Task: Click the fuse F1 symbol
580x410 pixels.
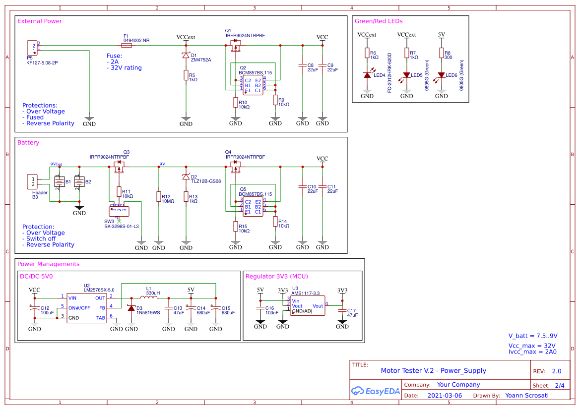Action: [x=127, y=45]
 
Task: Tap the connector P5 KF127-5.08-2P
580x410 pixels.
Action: [x=32, y=48]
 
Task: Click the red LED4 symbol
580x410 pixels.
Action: [x=367, y=75]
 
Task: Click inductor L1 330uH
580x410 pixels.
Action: [x=149, y=297]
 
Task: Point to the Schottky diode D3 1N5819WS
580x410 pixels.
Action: [x=131, y=308]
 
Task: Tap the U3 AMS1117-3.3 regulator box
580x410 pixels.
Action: [x=308, y=306]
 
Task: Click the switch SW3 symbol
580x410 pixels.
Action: [x=119, y=210]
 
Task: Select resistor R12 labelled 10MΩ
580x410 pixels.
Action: [x=159, y=197]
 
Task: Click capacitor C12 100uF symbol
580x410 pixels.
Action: [x=35, y=309]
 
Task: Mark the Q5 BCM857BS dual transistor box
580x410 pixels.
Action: [x=253, y=207]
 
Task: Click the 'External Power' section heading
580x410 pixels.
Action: [x=40, y=21]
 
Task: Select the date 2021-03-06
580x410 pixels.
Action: [x=444, y=396]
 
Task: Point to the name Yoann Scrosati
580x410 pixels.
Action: [x=526, y=396]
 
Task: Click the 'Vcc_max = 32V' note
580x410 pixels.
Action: [x=532, y=346]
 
